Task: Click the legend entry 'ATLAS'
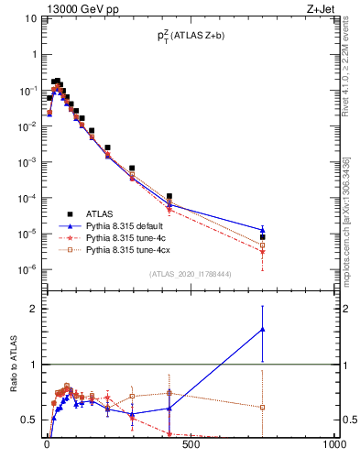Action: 100,213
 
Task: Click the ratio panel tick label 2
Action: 35,309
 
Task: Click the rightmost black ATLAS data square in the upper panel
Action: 262,236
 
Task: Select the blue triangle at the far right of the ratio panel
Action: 262,329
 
